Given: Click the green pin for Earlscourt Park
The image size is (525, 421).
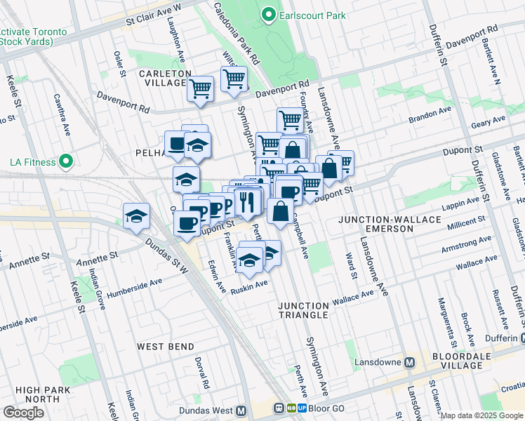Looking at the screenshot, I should [267, 14].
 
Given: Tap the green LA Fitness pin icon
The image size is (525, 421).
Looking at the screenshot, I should [66, 162].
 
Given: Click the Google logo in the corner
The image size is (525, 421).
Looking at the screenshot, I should [23, 412].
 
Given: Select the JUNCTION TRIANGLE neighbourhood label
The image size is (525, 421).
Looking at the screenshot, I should [303, 310].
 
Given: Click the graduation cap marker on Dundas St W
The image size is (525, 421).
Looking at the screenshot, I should [136, 215].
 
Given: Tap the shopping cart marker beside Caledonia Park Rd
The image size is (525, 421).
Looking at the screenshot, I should [234, 79].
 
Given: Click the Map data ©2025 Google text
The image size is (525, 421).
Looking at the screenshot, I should [481, 415].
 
